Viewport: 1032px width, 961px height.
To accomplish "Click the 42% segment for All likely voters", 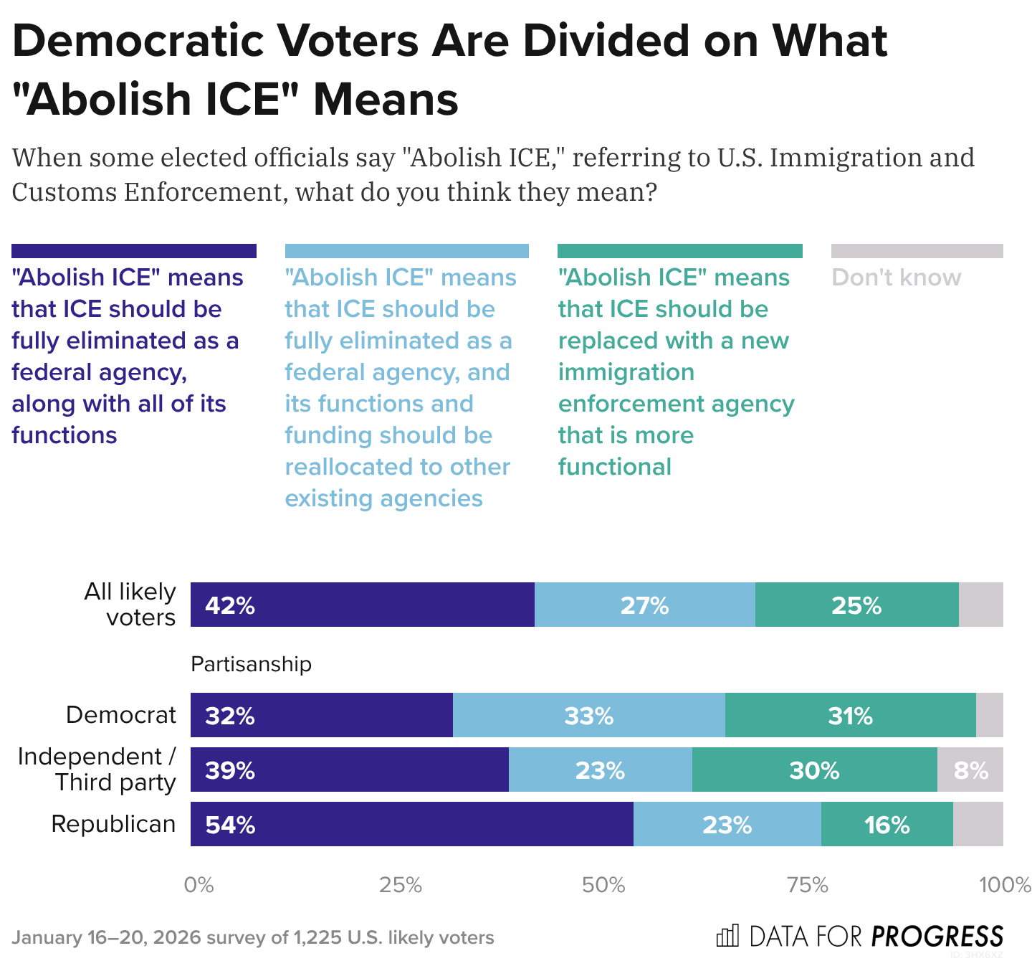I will (362, 605).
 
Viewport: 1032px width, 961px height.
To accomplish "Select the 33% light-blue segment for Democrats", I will (588, 715).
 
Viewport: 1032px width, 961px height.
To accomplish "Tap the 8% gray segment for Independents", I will (970, 770).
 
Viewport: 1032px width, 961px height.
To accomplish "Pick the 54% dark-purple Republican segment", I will (411, 824).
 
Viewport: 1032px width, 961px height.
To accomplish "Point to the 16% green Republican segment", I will (887, 824).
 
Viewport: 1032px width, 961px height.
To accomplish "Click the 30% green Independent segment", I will (814, 770).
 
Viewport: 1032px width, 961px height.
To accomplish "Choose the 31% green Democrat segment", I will (850, 715).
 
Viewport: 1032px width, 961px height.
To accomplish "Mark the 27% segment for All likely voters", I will (644, 605).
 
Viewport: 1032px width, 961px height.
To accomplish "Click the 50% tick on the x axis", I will (603, 885).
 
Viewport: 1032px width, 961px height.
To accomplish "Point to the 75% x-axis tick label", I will (808, 885).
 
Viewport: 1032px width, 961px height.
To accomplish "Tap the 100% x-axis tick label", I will (1005, 885).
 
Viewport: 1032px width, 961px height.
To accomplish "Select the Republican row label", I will (113, 824).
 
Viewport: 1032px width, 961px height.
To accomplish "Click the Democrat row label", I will (120, 715).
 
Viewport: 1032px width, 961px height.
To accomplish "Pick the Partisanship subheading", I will (251, 664).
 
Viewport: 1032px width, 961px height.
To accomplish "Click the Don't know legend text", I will (896, 278).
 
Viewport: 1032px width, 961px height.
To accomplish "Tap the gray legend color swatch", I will (917, 251).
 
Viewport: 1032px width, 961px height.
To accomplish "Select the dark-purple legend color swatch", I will (134, 251).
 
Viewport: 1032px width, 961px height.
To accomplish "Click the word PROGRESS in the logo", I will (937, 937).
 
